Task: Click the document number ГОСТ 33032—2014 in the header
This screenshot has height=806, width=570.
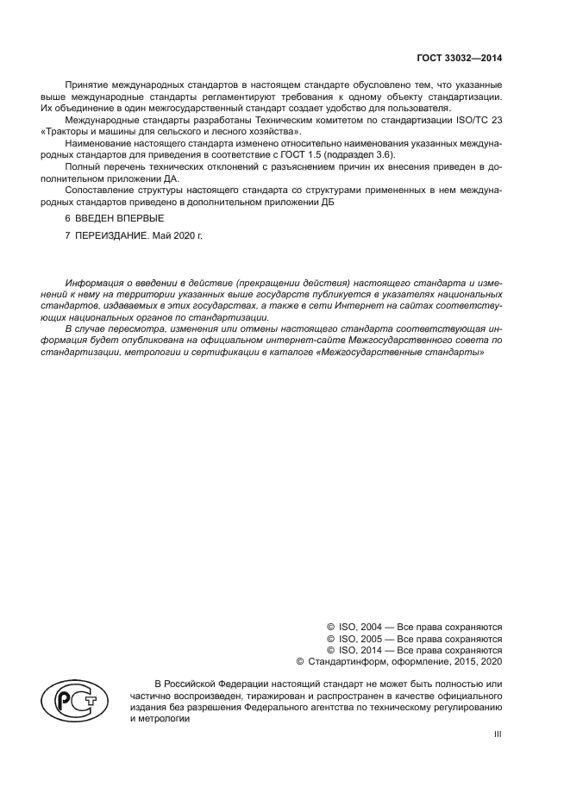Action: click(x=457, y=59)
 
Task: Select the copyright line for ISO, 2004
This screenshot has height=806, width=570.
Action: click(x=415, y=627)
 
